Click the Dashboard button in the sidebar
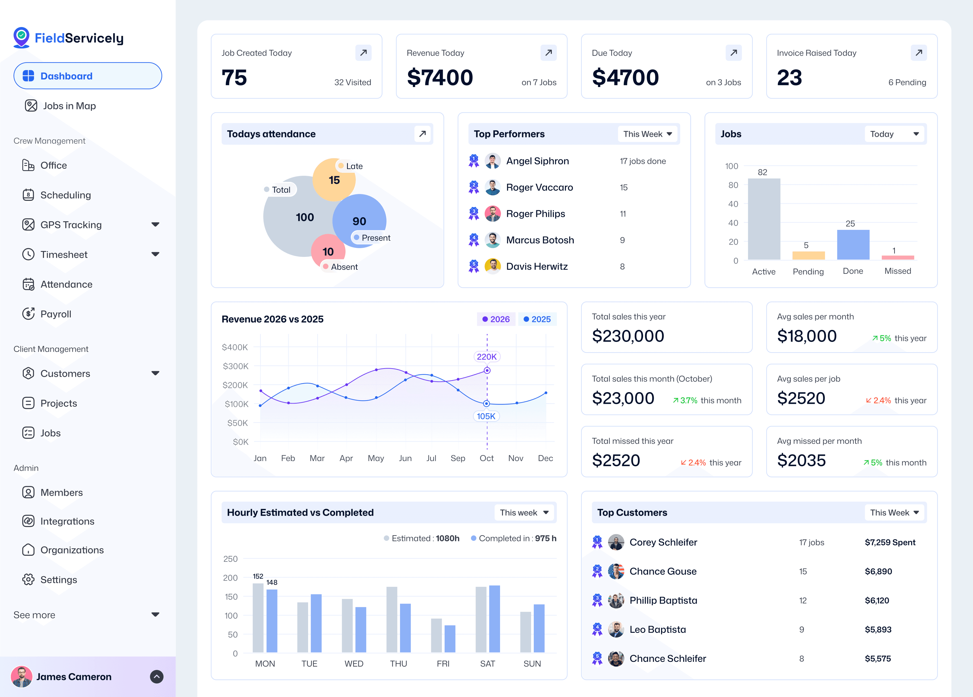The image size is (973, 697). click(87, 76)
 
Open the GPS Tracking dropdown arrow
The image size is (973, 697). click(155, 225)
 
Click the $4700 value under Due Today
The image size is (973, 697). click(625, 78)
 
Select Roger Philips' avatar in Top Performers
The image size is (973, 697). click(492, 214)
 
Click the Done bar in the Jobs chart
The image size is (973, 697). click(853, 245)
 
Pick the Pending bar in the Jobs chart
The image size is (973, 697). click(808, 255)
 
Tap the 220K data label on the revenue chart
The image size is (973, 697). click(486, 357)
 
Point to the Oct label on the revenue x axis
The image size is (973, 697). click(486, 458)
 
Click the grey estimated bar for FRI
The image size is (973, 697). click(436, 635)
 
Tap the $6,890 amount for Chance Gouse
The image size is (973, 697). click(878, 571)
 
